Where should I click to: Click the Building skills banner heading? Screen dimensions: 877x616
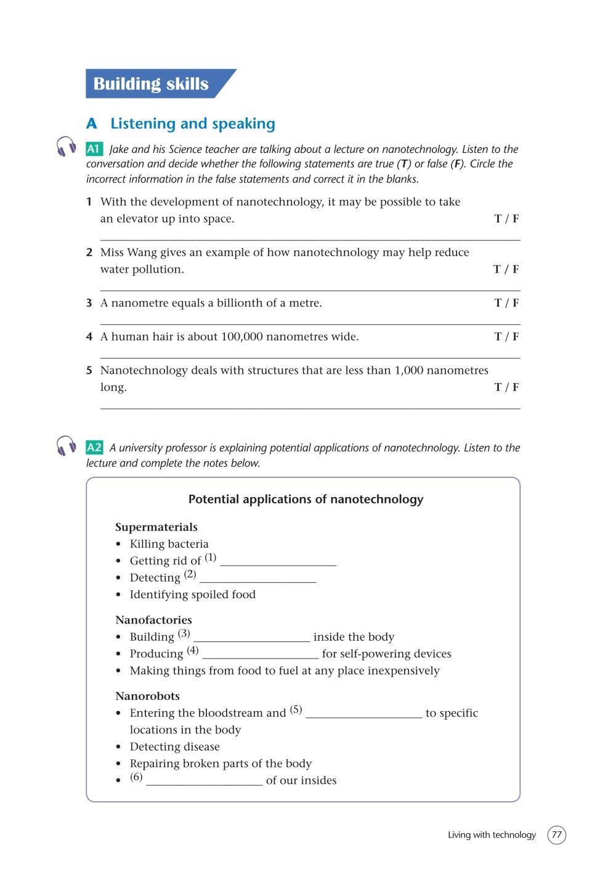151,84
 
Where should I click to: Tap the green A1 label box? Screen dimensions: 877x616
94,149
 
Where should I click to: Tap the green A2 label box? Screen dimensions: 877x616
94,447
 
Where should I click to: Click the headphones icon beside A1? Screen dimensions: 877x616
67,147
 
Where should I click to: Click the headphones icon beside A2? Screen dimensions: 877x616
67,445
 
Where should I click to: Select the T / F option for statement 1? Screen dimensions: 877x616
506,218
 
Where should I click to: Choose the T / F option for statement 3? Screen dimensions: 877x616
506,303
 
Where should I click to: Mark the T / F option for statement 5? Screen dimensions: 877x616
506,387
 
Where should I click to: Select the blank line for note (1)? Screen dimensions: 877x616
278,562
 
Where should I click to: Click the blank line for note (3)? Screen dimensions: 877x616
251,639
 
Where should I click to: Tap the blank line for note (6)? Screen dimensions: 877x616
204,782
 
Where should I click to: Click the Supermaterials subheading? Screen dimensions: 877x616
156,527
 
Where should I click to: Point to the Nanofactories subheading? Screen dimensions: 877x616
153,620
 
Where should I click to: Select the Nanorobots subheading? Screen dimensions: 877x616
147,696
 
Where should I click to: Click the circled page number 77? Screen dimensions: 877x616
557,835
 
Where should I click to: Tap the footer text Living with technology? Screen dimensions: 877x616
492,835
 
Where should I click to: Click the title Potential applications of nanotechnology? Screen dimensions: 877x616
306,499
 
